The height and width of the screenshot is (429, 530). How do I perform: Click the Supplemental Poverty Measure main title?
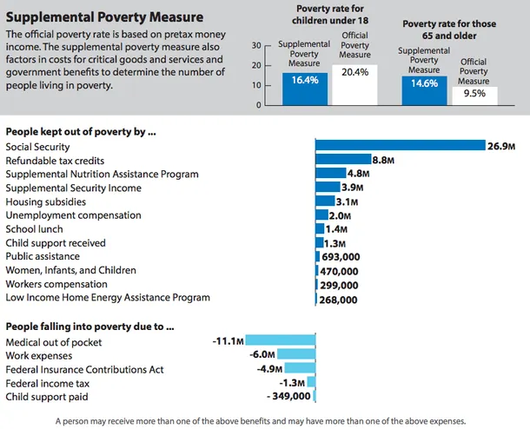pyautogui.click(x=104, y=16)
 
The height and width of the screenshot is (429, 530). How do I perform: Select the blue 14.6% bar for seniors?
pyautogui.click(x=424, y=90)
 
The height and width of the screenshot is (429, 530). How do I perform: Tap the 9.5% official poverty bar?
pyautogui.click(x=474, y=95)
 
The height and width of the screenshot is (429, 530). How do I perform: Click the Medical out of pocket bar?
pyautogui.click(x=280, y=341)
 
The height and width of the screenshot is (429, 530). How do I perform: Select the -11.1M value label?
pyautogui.click(x=227, y=341)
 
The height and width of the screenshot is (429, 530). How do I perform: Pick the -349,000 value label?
pyautogui.click(x=289, y=396)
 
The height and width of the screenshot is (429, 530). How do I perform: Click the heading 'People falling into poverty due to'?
pyautogui.click(x=89, y=327)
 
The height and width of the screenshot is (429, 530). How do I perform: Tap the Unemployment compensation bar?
pyautogui.click(x=321, y=215)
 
